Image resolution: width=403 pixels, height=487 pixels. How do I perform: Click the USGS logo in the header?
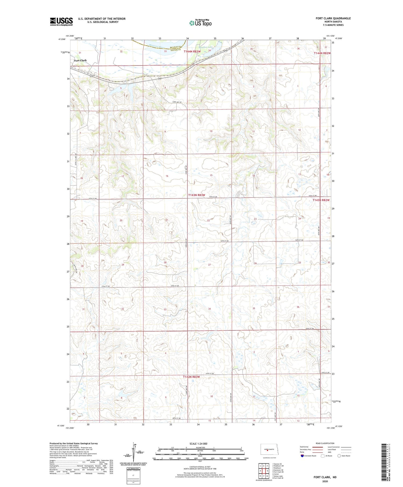[x=61, y=21]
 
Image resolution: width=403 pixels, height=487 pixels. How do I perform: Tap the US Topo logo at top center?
[x=200, y=23]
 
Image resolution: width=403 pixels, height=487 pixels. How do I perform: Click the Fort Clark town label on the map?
[x=80, y=60]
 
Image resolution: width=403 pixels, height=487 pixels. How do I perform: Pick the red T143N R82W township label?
[x=321, y=200]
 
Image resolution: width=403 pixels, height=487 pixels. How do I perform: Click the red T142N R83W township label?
[x=191, y=377]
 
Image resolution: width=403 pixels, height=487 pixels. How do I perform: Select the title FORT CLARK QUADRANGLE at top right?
[x=333, y=18]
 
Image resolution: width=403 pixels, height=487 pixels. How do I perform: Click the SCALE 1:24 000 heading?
[x=200, y=443]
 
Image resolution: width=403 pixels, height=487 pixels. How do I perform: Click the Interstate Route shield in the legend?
[x=302, y=456]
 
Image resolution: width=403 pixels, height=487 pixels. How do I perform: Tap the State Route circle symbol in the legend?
[x=339, y=456]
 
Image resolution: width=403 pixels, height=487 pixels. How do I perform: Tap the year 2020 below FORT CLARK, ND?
[x=325, y=481]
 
